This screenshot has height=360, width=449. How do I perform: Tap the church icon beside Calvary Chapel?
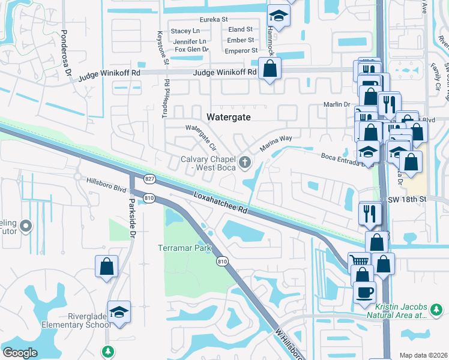pyautogui.click(x=245, y=162)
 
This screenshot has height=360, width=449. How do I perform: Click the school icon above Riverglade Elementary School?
pyautogui.click(x=119, y=313)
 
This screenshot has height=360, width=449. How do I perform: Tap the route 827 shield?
pyautogui.click(x=149, y=179)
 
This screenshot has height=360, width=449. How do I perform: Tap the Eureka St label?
pyautogui.click(x=214, y=19)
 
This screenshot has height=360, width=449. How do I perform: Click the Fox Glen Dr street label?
pyautogui.click(x=188, y=50)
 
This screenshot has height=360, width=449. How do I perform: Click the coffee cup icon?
pyautogui.click(x=364, y=293)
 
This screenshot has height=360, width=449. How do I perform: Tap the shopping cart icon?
pyautogui.click(x=359, y=260)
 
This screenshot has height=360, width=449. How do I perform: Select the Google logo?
pyautogui.click(x=20, y=353)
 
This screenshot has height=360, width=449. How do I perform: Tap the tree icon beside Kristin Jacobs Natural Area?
pyautogui.click(x=436, y=310)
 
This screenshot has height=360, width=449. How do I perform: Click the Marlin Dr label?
pyautogui.click(x=339, y=104)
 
